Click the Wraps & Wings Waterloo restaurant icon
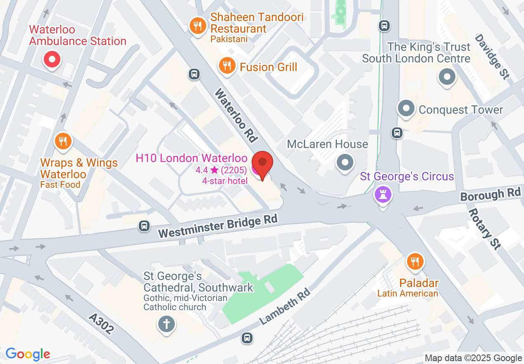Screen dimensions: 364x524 pyautogui.click(x=63, y=142)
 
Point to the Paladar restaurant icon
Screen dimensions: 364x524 pyautogui.click(x=415, y=261)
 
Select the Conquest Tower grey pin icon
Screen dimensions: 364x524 pyautogui.click(x=406, y=109)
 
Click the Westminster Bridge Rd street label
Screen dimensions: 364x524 pyautogui.click(x=217, y=227)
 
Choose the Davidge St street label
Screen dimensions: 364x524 pyautogui.click(x=491, y=57)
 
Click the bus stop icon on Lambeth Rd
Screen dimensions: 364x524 pyautogui.click(x=247, y=338)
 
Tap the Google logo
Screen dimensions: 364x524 pyautogui.click(x=28, y=354)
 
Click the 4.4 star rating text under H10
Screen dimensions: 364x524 pyautogui.click(x=222, y=170)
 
